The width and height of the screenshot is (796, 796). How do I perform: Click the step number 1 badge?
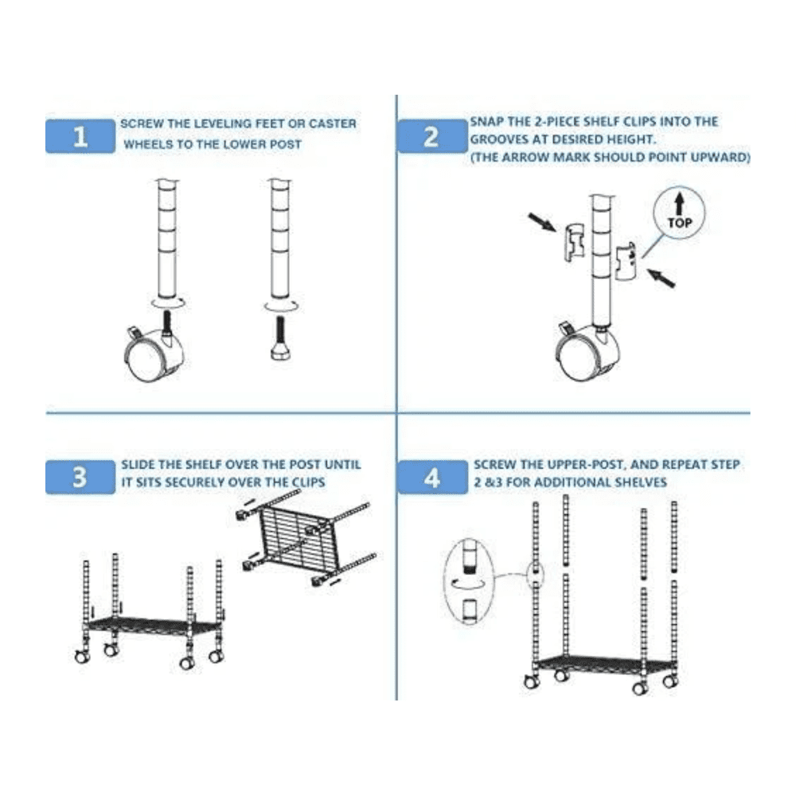80,136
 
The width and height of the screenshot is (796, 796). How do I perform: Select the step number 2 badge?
431,136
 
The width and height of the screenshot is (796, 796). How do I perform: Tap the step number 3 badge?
80,478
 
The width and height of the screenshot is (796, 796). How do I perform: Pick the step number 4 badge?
431,478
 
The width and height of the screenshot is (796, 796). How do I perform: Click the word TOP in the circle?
680,224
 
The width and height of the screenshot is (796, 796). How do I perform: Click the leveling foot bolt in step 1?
279,339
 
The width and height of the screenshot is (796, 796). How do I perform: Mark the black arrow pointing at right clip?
660,278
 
